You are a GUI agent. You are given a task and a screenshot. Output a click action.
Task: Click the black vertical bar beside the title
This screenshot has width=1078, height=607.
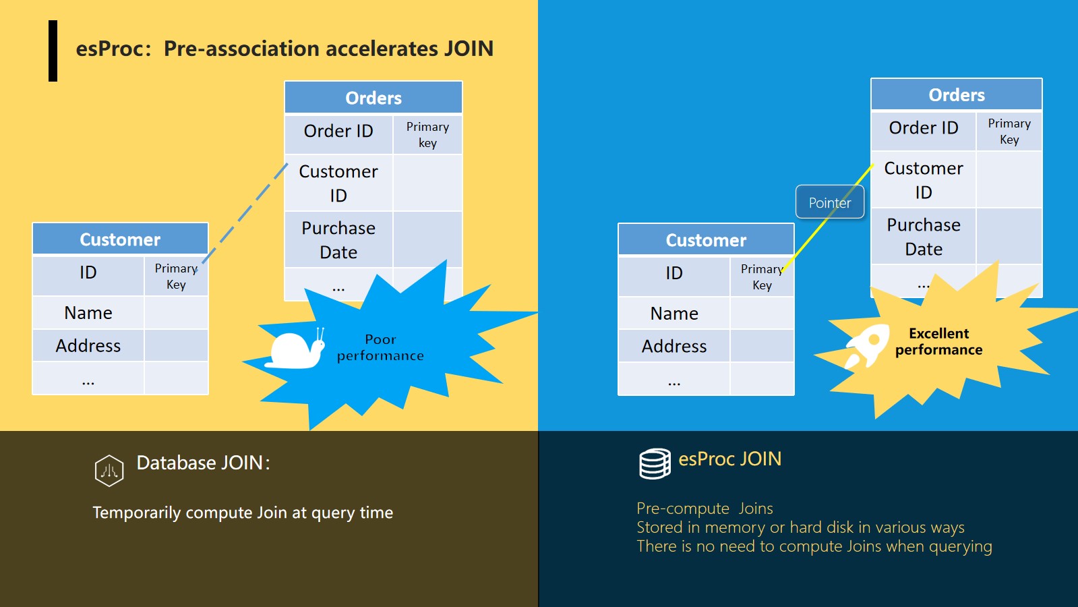pos(53,51)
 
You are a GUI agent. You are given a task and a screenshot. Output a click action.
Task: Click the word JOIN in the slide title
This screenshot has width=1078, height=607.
pos(469,49)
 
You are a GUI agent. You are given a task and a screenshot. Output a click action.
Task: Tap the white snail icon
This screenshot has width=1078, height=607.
pos(295,348)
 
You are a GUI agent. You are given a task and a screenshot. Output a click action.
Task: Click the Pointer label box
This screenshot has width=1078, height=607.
pos(830,202)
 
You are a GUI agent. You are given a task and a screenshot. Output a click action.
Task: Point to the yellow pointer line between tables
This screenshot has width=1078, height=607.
pos(827,219)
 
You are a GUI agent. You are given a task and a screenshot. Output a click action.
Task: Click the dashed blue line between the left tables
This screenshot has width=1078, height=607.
pos(245,214)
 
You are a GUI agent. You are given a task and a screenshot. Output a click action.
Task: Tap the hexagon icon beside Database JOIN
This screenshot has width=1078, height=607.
pos(109,470)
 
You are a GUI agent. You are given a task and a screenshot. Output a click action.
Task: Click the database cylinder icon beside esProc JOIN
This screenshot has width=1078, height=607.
pos(655,463)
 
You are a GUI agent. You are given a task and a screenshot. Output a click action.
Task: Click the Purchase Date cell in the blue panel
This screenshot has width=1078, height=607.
pos(924,236)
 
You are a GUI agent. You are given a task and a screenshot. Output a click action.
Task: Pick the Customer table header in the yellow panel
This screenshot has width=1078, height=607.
pos(120,239)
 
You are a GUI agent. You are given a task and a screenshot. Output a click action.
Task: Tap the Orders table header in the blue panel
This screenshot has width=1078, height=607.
pos(957,94)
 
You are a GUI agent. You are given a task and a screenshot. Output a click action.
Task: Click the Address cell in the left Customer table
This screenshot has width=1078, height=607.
pos(88,345)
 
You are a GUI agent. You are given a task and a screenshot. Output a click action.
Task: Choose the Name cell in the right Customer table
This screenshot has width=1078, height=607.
pos(674,314)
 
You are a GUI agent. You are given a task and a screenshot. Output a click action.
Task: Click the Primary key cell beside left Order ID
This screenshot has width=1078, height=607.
pos(427,134)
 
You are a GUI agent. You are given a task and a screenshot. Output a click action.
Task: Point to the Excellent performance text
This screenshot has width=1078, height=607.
pos(939,341)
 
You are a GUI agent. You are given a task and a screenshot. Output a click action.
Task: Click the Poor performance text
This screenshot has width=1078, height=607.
pos(380,347)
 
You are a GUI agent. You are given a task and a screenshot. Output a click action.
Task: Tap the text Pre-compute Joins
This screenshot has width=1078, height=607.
pos(705,509)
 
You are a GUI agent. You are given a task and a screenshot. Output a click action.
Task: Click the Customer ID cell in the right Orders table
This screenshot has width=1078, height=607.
pos(924,180)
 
